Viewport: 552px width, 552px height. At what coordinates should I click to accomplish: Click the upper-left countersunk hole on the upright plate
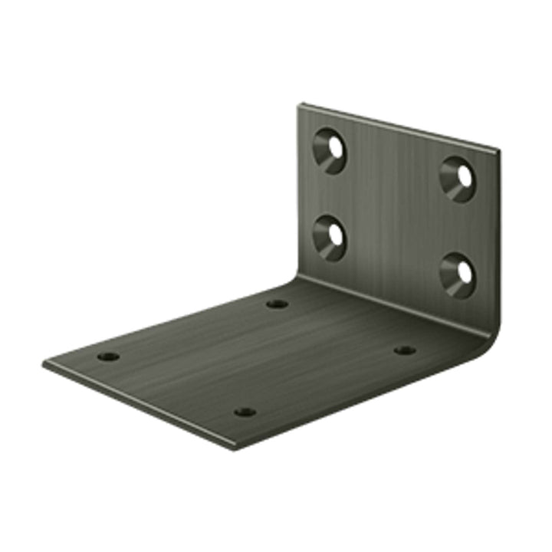coord(331,149)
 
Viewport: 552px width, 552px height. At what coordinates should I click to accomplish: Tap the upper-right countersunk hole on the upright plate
coord(458,179)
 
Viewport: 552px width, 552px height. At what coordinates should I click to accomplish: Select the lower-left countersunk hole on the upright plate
coord(330,237)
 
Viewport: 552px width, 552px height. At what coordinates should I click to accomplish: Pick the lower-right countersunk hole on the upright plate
coord(458,274)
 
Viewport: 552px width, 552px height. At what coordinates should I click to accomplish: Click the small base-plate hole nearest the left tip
coord(109,356)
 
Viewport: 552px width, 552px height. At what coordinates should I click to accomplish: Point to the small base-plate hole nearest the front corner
coord(245,412)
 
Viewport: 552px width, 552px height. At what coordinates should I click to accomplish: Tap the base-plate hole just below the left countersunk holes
coord(277,304)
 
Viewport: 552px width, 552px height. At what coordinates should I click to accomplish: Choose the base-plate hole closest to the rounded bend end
coord(405,350)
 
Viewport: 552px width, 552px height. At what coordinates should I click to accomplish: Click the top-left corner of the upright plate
coord(300,105)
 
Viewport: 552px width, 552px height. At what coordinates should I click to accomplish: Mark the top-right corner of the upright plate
coord(498,150)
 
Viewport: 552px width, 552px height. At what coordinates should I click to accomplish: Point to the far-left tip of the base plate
coord(44,363)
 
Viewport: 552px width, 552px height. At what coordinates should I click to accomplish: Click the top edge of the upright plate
coord(399,127)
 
